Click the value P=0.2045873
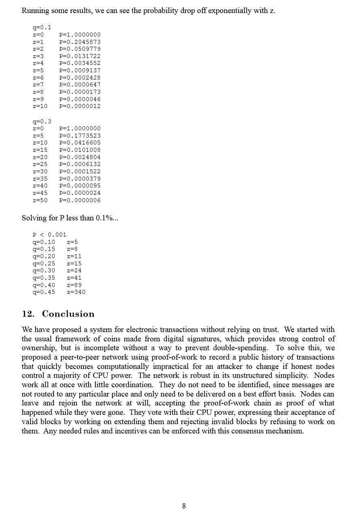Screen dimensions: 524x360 coord(80,42)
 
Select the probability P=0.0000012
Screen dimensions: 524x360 coord(80,106)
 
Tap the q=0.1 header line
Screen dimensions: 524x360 coord(42,28)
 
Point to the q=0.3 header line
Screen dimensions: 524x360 coord(42,121)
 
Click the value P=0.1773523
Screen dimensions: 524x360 coord(80,136)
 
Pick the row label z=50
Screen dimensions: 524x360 coord(40,200)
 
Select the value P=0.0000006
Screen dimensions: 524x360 coord(80,200)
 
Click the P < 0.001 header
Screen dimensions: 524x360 coord(49,235)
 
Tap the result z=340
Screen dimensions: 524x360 coord(76,292)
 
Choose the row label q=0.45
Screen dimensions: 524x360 coord(43,292)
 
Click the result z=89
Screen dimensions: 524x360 coord(74,285)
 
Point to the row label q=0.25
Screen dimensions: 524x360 coord(43,263)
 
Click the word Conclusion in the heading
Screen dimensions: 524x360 coord(68,314)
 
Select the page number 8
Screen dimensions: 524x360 coord(184,506)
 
